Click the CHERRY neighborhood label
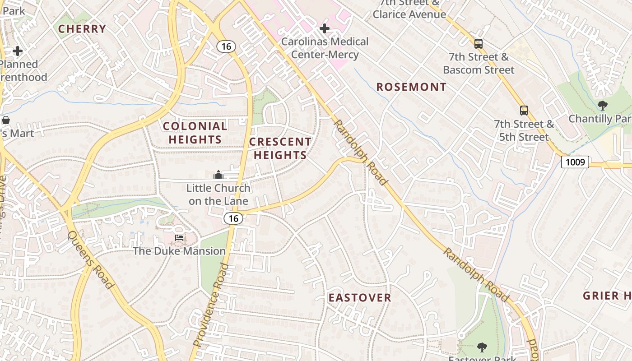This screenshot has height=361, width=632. pyautogui.click(x=82, y=29)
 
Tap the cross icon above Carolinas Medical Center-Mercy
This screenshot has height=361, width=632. pyautogui.click(x=324, y=29)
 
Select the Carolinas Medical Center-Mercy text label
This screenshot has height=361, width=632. pyautogui.click(x=325, y=48)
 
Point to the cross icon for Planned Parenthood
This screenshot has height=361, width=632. pyautogui.click(x=18, y=51)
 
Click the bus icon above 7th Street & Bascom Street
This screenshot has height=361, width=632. pyautogui.click(x=479, y=44)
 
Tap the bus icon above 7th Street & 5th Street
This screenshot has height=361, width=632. pyautogui.click(x=524, y=111)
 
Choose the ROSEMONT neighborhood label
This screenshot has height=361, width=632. pyautogui.click(x=411, y=87)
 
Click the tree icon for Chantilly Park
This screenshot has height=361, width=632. pyautogui.click(x=602, y=106)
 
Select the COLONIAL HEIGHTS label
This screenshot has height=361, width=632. pyautogui.click(x=195, y=133)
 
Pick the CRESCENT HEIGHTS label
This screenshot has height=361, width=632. pyautogui.click(x=280, y=148)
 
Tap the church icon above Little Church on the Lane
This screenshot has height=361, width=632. pyautogui.click(x=218, y=175)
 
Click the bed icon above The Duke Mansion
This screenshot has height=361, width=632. pyautogui.click(x=179, y=238)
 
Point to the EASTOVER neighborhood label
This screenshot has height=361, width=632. pyautogui.click(x=360, y=297)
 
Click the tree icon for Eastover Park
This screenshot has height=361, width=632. pyautogui.click(x=482, y=347)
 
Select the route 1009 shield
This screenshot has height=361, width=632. pyautogui.click(x=575, y=162)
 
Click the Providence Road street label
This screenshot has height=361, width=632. pyautogui.click(x=211, y=305)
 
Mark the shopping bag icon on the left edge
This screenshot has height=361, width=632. pyautogui.click(x=6, y=120)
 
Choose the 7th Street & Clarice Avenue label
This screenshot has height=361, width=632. pyautogui.click(x=409, y=9)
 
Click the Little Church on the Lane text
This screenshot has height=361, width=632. pyautogui.click(x=218, y=194)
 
